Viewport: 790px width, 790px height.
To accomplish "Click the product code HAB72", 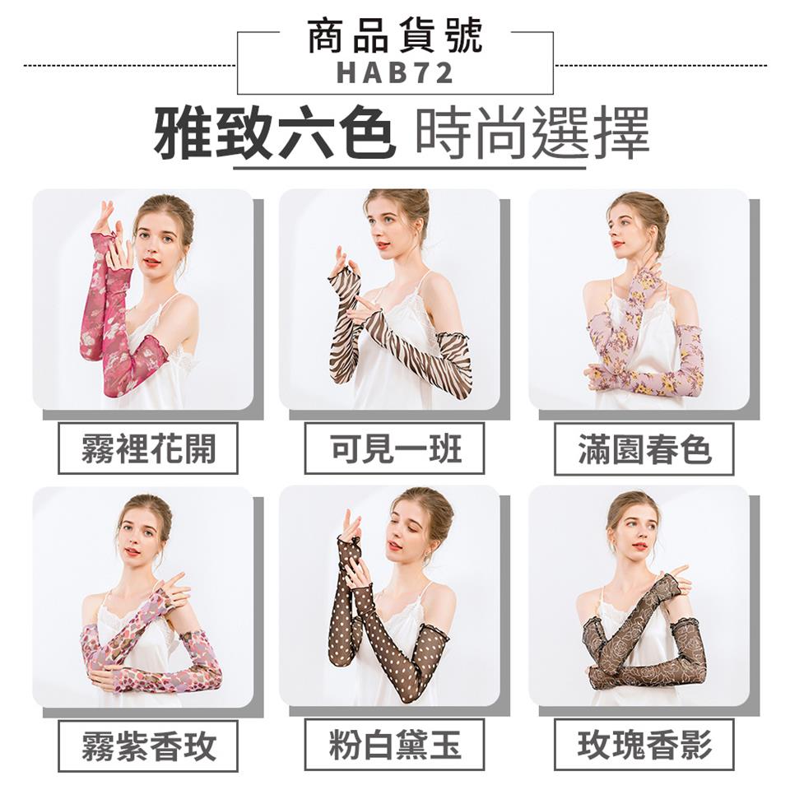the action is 394,72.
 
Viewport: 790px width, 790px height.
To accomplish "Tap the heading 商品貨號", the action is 395,35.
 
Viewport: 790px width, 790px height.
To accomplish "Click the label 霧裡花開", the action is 148,448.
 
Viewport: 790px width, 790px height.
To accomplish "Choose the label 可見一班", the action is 395,448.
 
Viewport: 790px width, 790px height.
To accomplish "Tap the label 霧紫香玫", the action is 148,746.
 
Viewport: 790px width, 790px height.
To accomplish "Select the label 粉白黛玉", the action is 395,746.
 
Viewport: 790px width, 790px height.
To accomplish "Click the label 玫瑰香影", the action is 644,746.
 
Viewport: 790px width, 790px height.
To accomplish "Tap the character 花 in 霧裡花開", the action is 165,448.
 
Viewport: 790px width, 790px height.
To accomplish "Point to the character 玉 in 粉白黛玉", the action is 446,746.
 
